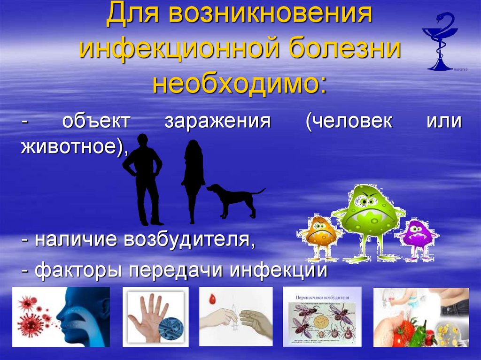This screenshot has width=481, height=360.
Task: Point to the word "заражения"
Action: [217, 121]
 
